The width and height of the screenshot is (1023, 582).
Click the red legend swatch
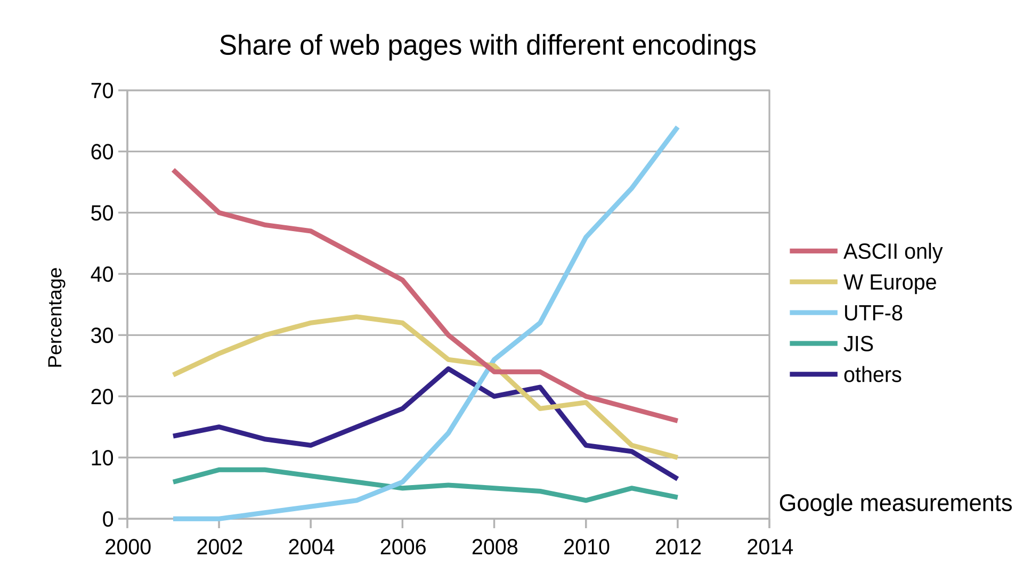click(x=813, y=251)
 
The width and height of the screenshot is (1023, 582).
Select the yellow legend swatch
click(x=813, y=282)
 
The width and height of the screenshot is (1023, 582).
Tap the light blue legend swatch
click(x=813, y=313)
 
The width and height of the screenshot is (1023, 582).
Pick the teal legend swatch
click(x=813, y=343)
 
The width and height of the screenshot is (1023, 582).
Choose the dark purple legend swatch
click(x=813, y=374)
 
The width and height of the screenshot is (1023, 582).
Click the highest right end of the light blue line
click(x=677, y=127)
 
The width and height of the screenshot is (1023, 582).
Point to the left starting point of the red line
click(x=174, y=170)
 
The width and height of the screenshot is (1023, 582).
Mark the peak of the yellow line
click(x=356, y=317)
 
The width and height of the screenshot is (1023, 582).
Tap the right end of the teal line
click(x=677, y=497)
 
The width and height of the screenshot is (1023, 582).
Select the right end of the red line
click(x=677, y=421)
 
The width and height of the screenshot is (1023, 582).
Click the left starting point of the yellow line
click(x=174, y=375)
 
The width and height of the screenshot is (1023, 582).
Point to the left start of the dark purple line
click(x=174, y=436)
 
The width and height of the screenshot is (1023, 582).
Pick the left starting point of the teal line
click(x=174, y=482)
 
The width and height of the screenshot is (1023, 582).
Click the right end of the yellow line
click(x=677, y=457)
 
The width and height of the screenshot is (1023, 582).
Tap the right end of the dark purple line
click(x=677, y=479)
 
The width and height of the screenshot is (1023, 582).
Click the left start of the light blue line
click(x=174, y=519)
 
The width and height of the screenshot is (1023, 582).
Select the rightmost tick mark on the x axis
click(x=769, y=524)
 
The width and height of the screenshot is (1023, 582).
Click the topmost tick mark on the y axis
click(x=122, y=90)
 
